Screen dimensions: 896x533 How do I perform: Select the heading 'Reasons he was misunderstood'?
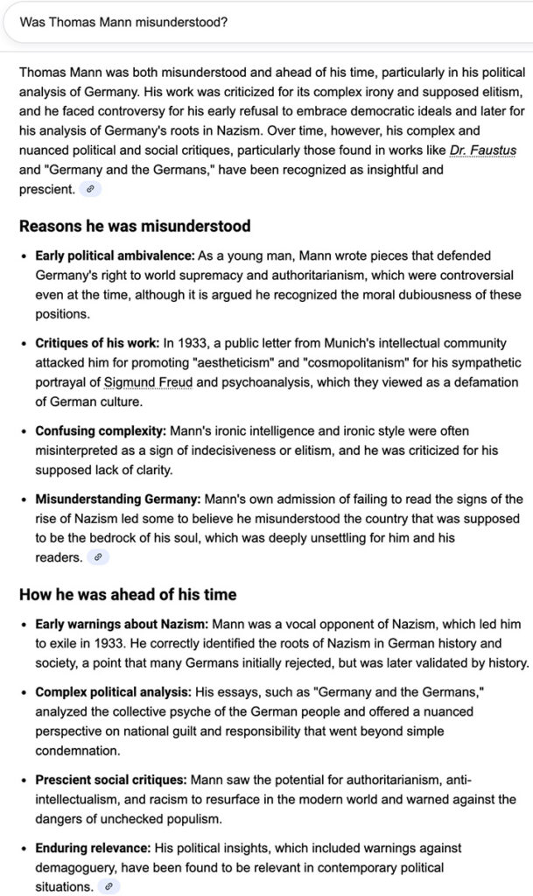pos(135,227)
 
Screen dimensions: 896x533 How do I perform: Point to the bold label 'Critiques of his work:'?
pos(97,343)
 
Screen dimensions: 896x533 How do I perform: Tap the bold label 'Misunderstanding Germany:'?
pos(117,499)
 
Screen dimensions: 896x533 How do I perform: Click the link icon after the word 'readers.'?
pos(99,556)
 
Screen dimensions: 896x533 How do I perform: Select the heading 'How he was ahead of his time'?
pos(128,595)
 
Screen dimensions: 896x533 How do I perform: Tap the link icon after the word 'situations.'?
pos(109,886)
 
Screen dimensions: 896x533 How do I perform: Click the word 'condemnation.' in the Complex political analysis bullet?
pos(73,750)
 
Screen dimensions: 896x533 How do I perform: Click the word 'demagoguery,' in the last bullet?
pos(77,867)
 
